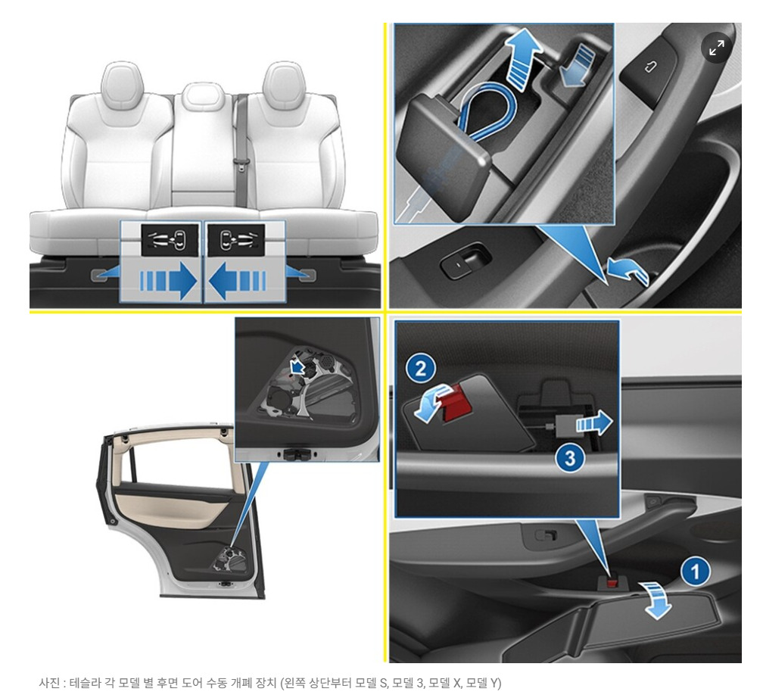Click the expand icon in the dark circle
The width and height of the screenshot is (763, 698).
point(716,48)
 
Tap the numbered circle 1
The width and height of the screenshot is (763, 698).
point(696,572)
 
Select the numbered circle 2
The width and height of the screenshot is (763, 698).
point(421,368)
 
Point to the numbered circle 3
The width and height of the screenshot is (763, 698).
point(570,458)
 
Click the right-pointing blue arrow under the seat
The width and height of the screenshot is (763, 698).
point(168,282)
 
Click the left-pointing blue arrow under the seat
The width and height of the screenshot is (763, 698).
point(238,282)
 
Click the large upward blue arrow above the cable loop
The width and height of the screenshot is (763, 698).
point(521,58)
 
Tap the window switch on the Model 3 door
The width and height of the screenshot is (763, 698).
point(465,261)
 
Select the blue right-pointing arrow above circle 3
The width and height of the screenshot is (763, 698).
point(594,422)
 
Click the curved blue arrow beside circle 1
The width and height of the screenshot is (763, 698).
point(656,600)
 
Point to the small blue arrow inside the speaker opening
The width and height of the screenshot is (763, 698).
point(296,367)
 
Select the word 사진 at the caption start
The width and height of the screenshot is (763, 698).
point(50,683)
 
